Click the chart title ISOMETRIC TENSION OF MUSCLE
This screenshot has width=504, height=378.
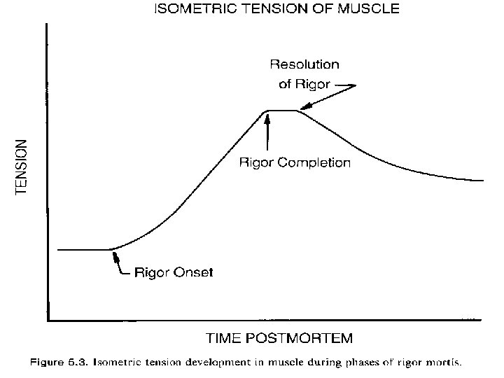[x=277, y=10]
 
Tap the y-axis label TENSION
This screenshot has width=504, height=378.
[x=22, y=166]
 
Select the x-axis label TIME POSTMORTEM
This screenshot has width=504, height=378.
[x=279, y=338]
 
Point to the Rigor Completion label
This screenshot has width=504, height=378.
[x=295, y=163]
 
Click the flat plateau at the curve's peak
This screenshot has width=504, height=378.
[x=282, y=111]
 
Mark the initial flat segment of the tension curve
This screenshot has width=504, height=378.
[x=83, y=249]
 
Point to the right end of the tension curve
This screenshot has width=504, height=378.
[x=482, y=181]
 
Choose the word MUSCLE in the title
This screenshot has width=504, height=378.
[x=372, y=10]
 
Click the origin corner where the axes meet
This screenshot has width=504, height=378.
[x=47, y=321]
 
